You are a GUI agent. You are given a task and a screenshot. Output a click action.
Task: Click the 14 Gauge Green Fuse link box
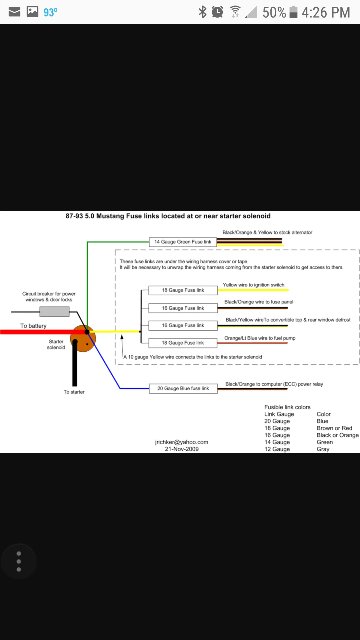pyautogui.click(x=183, y=242)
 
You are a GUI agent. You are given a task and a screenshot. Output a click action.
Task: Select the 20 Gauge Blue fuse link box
pyautogui.click(x=183, y=389)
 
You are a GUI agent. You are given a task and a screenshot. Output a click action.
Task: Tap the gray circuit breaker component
pyautogui.click(x=54, y=311)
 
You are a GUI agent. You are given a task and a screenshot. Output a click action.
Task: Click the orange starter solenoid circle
pyautogui.click(x=83, y=338)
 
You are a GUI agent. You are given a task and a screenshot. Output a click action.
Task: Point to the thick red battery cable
pyautogui.click(x=40, y=332)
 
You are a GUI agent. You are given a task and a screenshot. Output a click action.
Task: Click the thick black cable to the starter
pyautogui.click(x=75, y=363)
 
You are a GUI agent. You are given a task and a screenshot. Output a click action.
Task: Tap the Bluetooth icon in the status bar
pyautogui.click(x=203, y=12)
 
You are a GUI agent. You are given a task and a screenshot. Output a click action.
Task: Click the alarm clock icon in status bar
pyautogui.click(x=217, y=12)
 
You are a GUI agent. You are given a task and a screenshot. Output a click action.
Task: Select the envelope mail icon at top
pyautogui.click(x=14, y=12)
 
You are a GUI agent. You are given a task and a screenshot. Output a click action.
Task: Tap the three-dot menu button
pyautogui.click(x=19, y=561)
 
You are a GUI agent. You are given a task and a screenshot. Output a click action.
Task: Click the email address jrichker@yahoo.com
pyautogui.click(x=182, y=442)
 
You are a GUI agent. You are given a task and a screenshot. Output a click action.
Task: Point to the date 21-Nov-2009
pyautogui.click(x=182, y=449)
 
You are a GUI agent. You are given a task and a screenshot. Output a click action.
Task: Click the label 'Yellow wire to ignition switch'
pyautogui.click(x=254, y=285)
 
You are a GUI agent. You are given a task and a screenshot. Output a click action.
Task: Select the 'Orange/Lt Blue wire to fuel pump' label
pyautogui.click(x=260, y=338)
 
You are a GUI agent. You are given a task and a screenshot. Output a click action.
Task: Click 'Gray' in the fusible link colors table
pyautogui.click(x=323, y=449)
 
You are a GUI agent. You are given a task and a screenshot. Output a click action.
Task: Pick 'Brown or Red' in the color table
pyautogui.click(x=334, y=428)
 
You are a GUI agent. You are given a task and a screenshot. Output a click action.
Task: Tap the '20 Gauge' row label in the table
pyautogui.click(x=277, y=421)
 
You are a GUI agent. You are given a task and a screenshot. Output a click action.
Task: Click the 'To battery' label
pyautogui.click(x=33, y=326)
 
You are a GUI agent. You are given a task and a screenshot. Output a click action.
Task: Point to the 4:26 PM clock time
pyautogui.click(x=326, y=12)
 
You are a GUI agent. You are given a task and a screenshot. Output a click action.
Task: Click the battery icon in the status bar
pyautogui.click(x=293, y=12)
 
